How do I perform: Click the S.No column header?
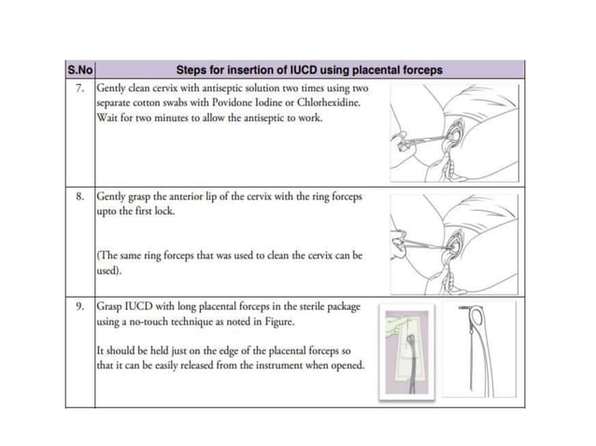coord(79,70)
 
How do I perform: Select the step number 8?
coord(81,198)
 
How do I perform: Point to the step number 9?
coord(81,306)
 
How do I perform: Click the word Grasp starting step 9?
coord(112,306)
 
